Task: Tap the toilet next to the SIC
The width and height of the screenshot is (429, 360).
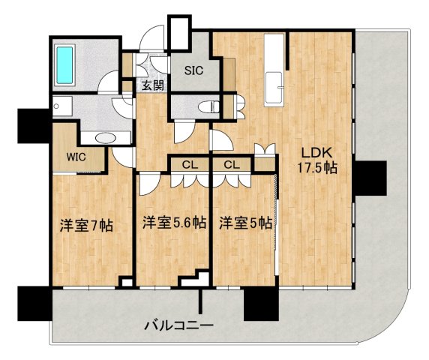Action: [209, 106]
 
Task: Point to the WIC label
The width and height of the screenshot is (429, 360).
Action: [76, 157]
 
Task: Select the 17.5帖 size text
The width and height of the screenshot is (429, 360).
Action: [314, 168]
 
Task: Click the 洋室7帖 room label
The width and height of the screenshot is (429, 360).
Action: [86, 223]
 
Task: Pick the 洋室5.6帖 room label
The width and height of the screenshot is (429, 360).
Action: [173, 222]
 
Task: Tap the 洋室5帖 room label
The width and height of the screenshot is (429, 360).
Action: [245, 222]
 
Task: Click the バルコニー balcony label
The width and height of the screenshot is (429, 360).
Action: [179, 325]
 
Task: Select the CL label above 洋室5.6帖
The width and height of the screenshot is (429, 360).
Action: [188, 164]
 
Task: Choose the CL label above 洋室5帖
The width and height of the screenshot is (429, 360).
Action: [231, 164]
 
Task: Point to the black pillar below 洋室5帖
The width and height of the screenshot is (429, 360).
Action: [259, 302]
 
